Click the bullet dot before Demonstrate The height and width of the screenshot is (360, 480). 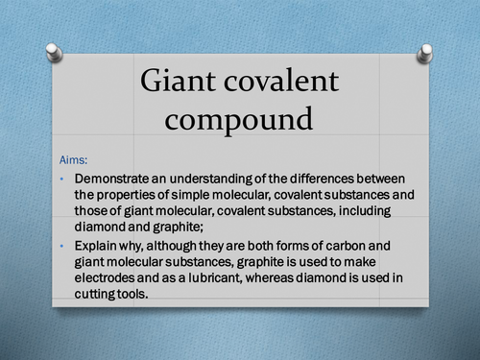(x=62, y=180)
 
